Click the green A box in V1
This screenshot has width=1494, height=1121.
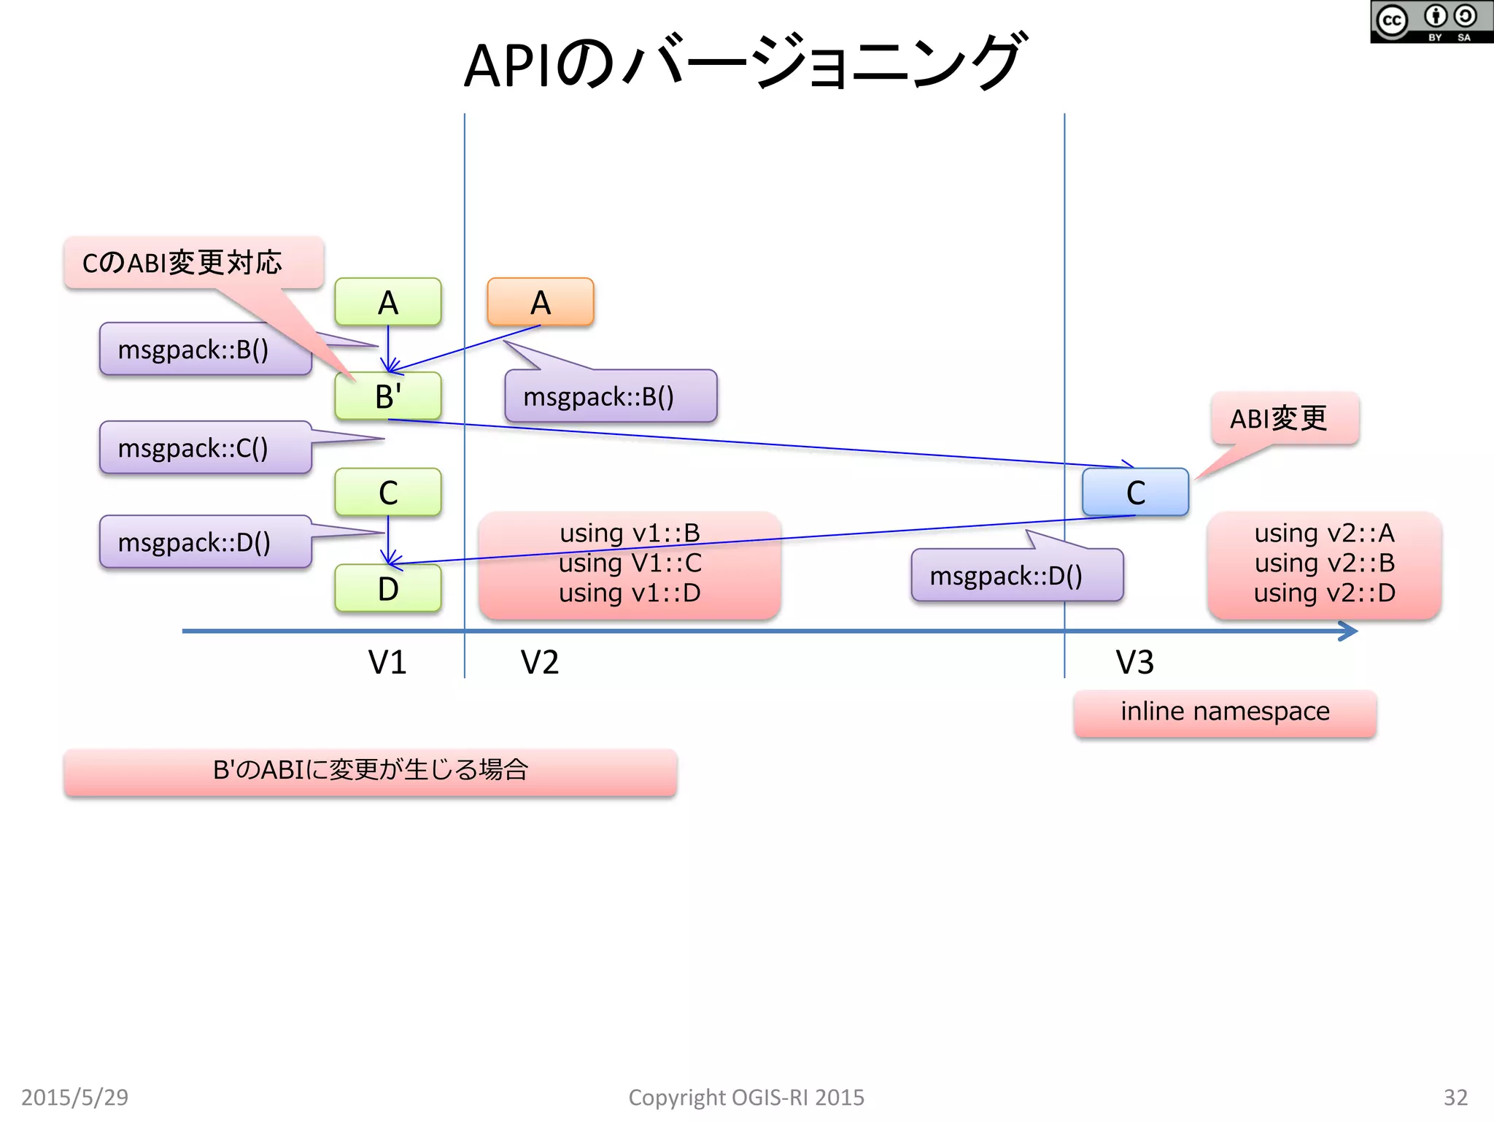click(387, 301)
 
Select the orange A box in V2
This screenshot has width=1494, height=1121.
click(540, 301)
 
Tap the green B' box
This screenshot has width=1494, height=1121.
click(387, 396)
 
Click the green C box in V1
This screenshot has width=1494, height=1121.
click(387, 492)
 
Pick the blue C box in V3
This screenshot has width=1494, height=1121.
click(1135, 492)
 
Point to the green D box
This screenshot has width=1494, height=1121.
click(387, 588)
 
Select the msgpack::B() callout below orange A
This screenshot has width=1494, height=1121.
click(611, 396)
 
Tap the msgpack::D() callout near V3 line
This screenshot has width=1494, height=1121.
click(1016, 575)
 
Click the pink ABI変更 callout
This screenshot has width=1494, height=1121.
click(1285, 418)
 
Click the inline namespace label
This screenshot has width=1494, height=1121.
click(1225, 712)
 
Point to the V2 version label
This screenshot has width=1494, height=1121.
click(539, 663)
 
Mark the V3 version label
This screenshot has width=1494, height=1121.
click(1134, 663)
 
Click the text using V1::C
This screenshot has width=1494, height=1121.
click(630, 563)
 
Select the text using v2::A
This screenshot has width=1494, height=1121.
click(1324, 533)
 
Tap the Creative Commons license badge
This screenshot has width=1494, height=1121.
click(1431, 22)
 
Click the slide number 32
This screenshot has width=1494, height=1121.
click(1455, 1097)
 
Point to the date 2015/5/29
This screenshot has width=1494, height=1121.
click(74, 1097)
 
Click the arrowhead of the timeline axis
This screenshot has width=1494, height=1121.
click(1349, 631)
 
